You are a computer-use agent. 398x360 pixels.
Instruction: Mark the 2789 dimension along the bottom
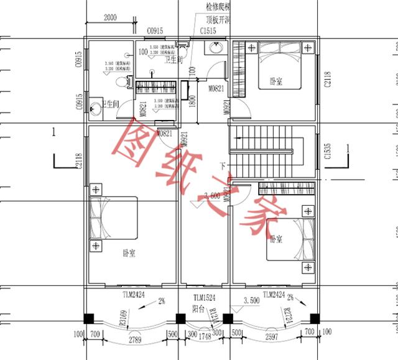tap(134, 341)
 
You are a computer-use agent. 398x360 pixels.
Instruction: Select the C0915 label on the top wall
tap(155, 30)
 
